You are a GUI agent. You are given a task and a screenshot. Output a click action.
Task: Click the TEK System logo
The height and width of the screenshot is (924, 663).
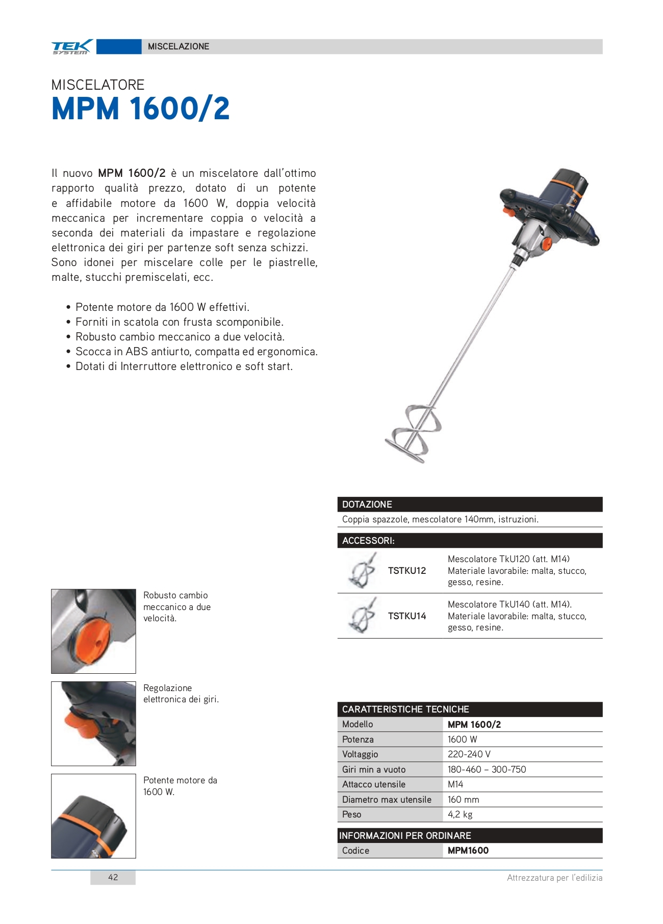[72, 46]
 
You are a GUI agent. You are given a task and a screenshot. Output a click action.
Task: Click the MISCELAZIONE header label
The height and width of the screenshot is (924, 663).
[178, 46]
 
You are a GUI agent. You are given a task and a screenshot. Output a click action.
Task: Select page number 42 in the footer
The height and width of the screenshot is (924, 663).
[113, 877]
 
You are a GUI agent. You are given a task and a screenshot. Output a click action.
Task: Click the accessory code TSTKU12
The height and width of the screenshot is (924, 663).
[407, 571]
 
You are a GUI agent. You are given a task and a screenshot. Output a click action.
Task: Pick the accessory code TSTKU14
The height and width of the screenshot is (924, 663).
[407, 616]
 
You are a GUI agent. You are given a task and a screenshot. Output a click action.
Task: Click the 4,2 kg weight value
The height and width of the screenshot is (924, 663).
[460, 814]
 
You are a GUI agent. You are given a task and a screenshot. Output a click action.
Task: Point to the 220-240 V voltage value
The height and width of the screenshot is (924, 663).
[469, 754]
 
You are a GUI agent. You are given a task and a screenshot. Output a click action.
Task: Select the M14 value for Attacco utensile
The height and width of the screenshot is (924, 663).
[455, 784]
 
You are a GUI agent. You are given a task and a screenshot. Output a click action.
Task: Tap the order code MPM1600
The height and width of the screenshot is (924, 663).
[468, 851]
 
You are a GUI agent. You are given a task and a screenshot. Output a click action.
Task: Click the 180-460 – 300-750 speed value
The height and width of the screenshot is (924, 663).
[487, 770]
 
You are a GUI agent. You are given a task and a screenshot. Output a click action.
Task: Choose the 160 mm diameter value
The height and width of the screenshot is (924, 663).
[463, 800]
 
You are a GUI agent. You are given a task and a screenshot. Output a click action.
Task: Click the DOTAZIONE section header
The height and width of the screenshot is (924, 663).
[367, 505]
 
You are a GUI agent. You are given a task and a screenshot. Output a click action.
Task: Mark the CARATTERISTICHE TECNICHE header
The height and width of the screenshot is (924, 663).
[405, 709]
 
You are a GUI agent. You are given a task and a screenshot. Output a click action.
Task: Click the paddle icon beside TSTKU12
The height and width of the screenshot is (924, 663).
[363, 571]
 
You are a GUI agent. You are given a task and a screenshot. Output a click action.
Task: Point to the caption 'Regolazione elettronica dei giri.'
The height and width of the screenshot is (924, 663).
[181, 694]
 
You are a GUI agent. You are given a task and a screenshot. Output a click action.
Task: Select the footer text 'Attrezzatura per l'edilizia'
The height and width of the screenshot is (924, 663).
[554, 878]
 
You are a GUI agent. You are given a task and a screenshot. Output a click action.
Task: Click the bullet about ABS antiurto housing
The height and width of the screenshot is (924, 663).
[196, 352]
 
